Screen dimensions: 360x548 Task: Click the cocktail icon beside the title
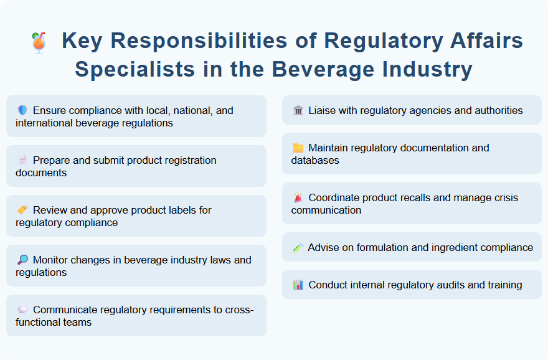click(x=38, y=43)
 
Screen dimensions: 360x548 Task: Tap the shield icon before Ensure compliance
click(x=22, y=110)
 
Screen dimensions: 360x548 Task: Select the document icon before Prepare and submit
click(x=22, y=160)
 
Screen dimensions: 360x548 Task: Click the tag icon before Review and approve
click(x=22, y=210)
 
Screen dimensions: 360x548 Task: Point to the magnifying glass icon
click(x=22, y=260)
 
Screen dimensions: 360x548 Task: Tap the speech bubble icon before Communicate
click(x=22, y=310)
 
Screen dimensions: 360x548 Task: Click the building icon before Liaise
click(x=298, y=110)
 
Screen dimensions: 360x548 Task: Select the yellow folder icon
click(x=298, y=148)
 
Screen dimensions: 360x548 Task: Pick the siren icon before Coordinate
click(x=298, y=197)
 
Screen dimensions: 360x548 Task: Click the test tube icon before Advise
click(x=298, y=247)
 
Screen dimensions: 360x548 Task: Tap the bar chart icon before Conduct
click(x=298, y=285)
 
